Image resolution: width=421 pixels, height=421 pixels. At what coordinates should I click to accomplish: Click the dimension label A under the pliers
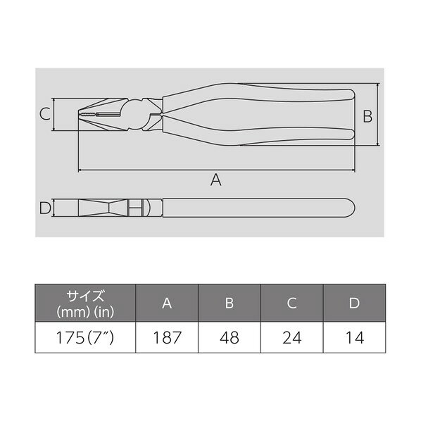(216, 181)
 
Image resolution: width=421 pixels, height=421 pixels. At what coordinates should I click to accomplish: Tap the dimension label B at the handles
(367, 116)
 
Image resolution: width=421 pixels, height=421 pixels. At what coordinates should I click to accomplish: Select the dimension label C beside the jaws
(43, 113)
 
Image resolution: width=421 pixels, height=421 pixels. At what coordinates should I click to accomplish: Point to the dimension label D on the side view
(44, 208)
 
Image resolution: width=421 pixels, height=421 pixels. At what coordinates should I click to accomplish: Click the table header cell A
(166, 303)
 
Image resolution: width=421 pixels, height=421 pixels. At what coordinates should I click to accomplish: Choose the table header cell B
(229, 303)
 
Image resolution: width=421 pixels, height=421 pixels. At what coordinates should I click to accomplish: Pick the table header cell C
(292, 303)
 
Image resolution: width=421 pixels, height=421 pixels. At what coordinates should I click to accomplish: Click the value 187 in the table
(166, 337)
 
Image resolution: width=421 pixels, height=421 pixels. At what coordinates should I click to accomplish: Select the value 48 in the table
(229, 337)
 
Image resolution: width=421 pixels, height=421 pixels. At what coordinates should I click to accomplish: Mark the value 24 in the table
(292, 337)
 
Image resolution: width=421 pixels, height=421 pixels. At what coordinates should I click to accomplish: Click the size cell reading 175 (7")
(86, 337)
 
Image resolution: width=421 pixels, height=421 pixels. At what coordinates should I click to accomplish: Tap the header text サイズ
(86, 295)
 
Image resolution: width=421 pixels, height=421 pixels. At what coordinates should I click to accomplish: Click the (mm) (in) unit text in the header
(86, 310)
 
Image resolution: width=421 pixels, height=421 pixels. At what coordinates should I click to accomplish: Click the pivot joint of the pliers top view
(149, 115)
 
